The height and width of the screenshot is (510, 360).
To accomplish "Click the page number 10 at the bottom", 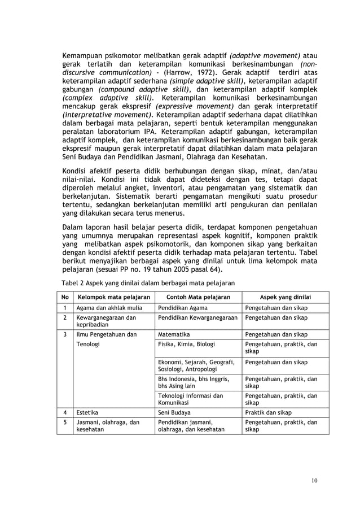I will click(x=314, y=481).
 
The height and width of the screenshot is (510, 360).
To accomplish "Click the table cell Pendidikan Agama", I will click(x=182, y=308).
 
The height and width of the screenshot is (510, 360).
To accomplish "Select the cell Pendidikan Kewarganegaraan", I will click(x=196, y=317).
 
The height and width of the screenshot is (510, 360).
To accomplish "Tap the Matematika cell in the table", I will click(x=174, y=334).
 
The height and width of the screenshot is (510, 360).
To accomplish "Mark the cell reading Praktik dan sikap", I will click(x=267, y=412).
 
